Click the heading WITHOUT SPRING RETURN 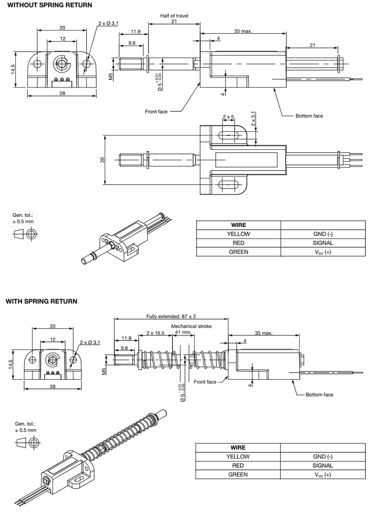[49, 5]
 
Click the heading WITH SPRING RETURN [41, 301]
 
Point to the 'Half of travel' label [174, 16]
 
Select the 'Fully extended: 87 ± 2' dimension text [171, 316]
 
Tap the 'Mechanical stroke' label [191, 326]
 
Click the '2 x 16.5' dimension [155, 333]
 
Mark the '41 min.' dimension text [183, 332]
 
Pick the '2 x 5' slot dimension [228, 117]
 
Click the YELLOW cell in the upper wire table [238, 234]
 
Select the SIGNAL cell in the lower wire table [323, 466]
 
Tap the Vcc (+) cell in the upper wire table [323, 252]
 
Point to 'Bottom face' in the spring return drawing [319, 395]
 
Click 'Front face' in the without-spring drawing [156, 112]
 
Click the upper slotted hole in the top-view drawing [228, 135]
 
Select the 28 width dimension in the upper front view [62, 93]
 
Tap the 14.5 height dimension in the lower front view [13, 364]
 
